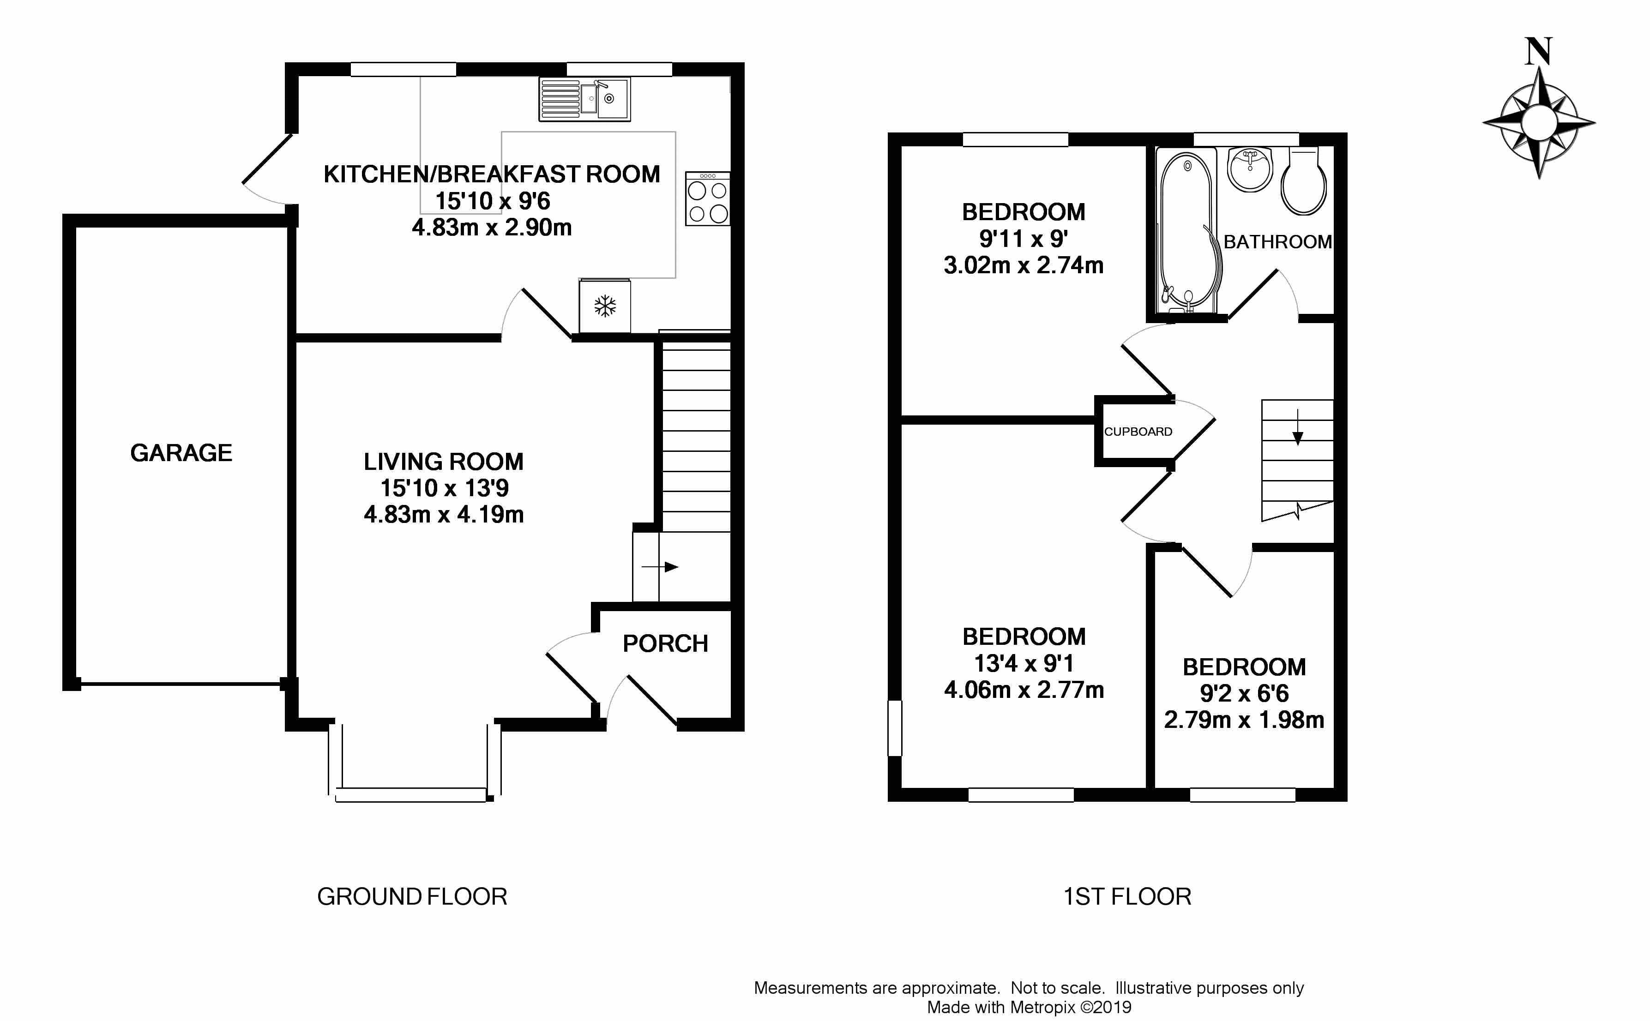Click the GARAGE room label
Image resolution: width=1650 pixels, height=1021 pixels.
click(x=181, y=452)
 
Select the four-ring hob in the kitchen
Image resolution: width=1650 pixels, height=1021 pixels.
click(x=708, y=198)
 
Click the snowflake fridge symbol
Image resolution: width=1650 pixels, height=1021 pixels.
click(x=605, y=306)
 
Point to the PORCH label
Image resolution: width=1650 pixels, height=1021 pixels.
click(x=665, y=643)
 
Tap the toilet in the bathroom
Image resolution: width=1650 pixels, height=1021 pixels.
click(x=1304, y=180)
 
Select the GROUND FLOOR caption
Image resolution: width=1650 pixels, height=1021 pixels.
click(x=412, y=897)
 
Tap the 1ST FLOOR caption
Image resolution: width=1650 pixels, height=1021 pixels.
click(x=1127, y=897)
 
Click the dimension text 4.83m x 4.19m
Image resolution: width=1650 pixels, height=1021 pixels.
click(x=444, y=515)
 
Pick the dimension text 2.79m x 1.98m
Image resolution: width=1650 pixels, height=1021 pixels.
click(x=1244, y=720)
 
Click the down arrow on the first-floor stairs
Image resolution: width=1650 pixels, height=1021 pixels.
click(x=1297, y=427)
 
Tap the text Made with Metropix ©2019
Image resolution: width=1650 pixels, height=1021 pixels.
click(x=1029, y=1008)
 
